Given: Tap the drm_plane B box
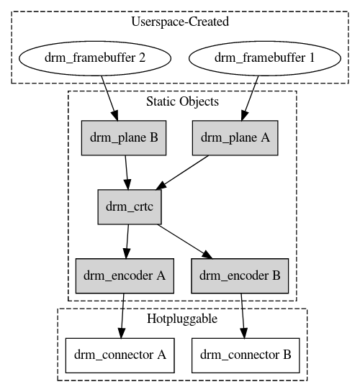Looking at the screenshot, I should (124, 137).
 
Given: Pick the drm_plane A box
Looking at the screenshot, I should (235, 137).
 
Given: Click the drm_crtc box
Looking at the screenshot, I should (130, 206).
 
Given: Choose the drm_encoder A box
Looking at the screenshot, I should (125, 275).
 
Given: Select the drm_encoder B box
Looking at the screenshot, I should (240, 275).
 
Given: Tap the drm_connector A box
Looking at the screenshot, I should (120, 355).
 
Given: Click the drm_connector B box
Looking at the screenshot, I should (245, 355).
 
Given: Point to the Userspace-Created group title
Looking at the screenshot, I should (180, 22).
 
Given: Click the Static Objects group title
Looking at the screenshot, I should (182, 101).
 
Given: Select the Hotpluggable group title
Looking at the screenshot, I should (182, 319).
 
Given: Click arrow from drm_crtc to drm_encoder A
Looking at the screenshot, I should (127, 241).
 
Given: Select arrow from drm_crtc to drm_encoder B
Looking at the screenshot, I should (184, 241).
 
